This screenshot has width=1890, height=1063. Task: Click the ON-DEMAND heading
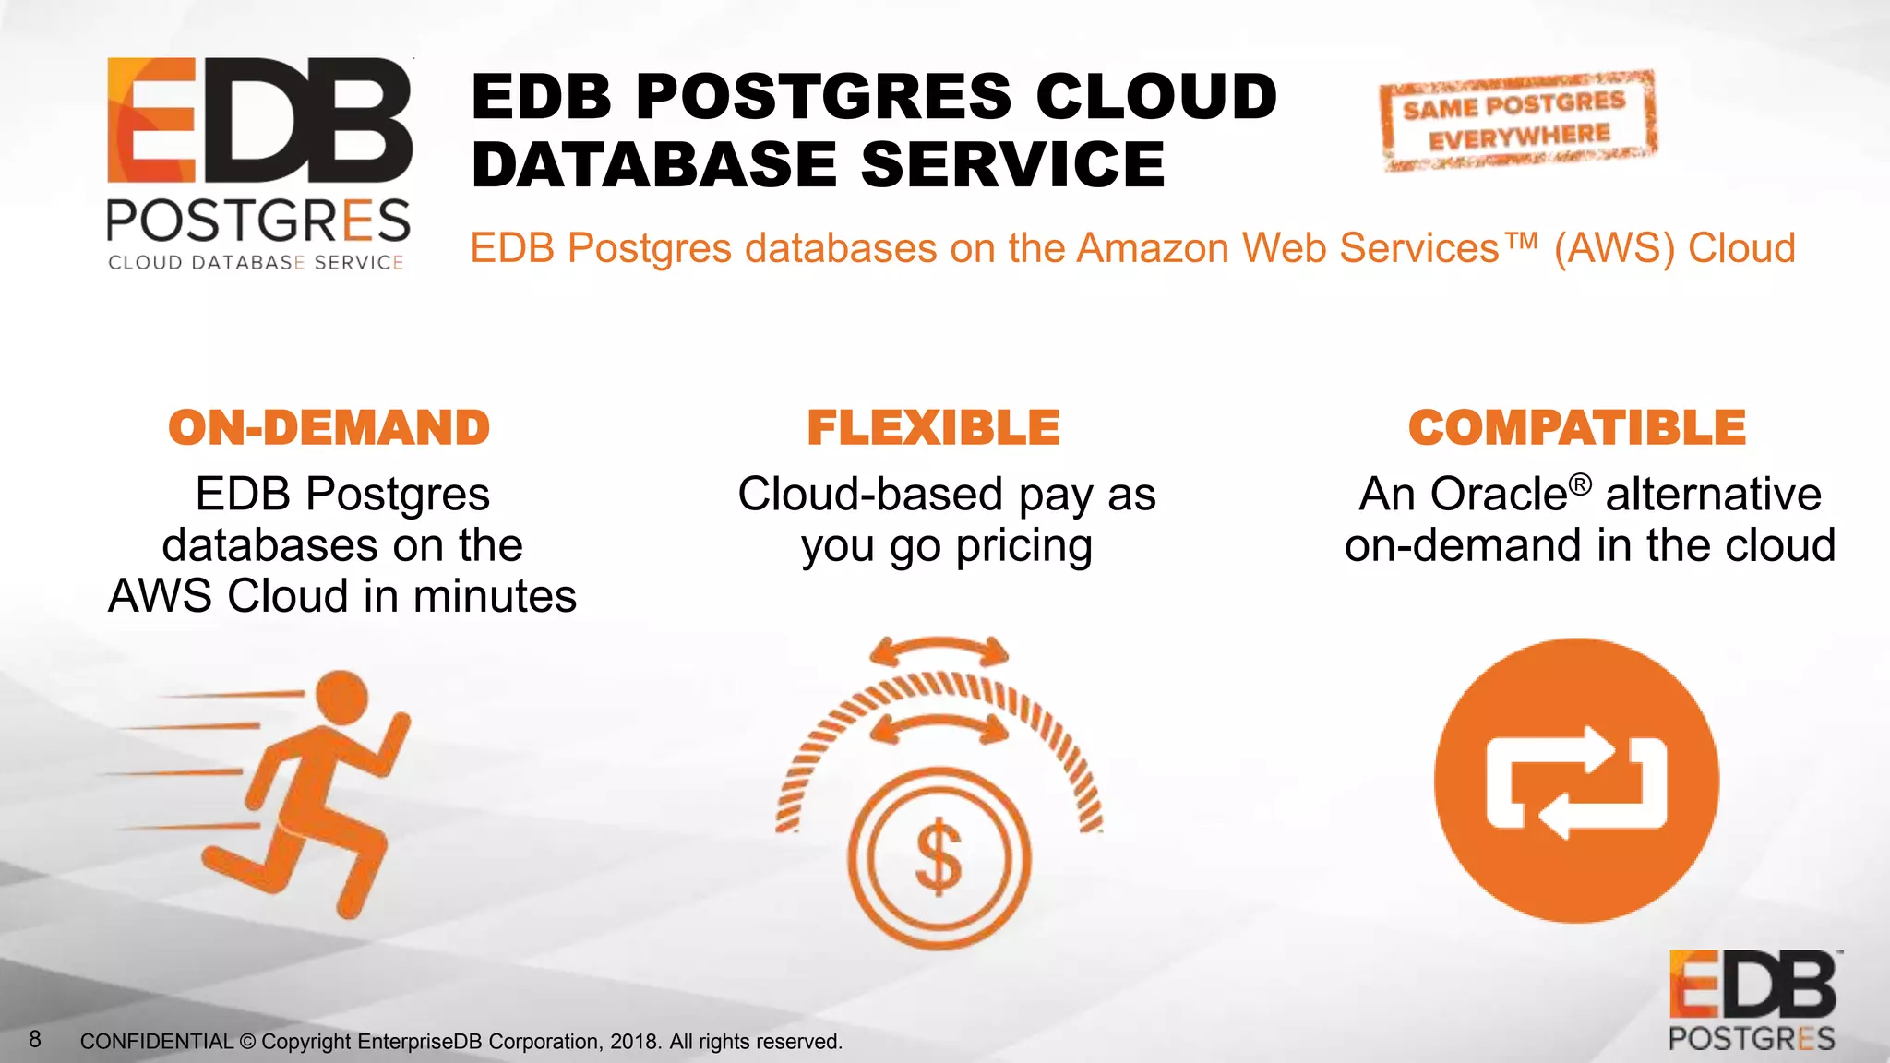pos(329,428)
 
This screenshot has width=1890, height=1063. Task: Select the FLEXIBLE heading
pos(933,428)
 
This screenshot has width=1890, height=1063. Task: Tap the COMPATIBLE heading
pos(1576,428)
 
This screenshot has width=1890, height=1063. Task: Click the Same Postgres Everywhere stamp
pos(1517,121)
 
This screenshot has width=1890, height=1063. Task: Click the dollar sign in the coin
pos(939,857)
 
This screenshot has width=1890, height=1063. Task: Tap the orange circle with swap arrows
pos(1576,781)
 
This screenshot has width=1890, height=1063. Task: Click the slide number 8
pos(35,1040)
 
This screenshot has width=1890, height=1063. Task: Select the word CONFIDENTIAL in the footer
pos(156,1042)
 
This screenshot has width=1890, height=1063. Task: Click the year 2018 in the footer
pos(634,1042)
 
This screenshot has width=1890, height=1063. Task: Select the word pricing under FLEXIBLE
pos(1023,546)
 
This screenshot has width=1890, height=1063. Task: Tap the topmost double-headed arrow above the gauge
pos(939,651)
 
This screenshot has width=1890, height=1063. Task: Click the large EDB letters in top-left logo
pos(259,121)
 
